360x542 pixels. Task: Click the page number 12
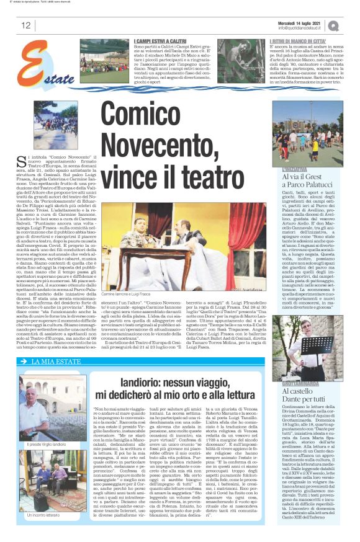tap(25, 25)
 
